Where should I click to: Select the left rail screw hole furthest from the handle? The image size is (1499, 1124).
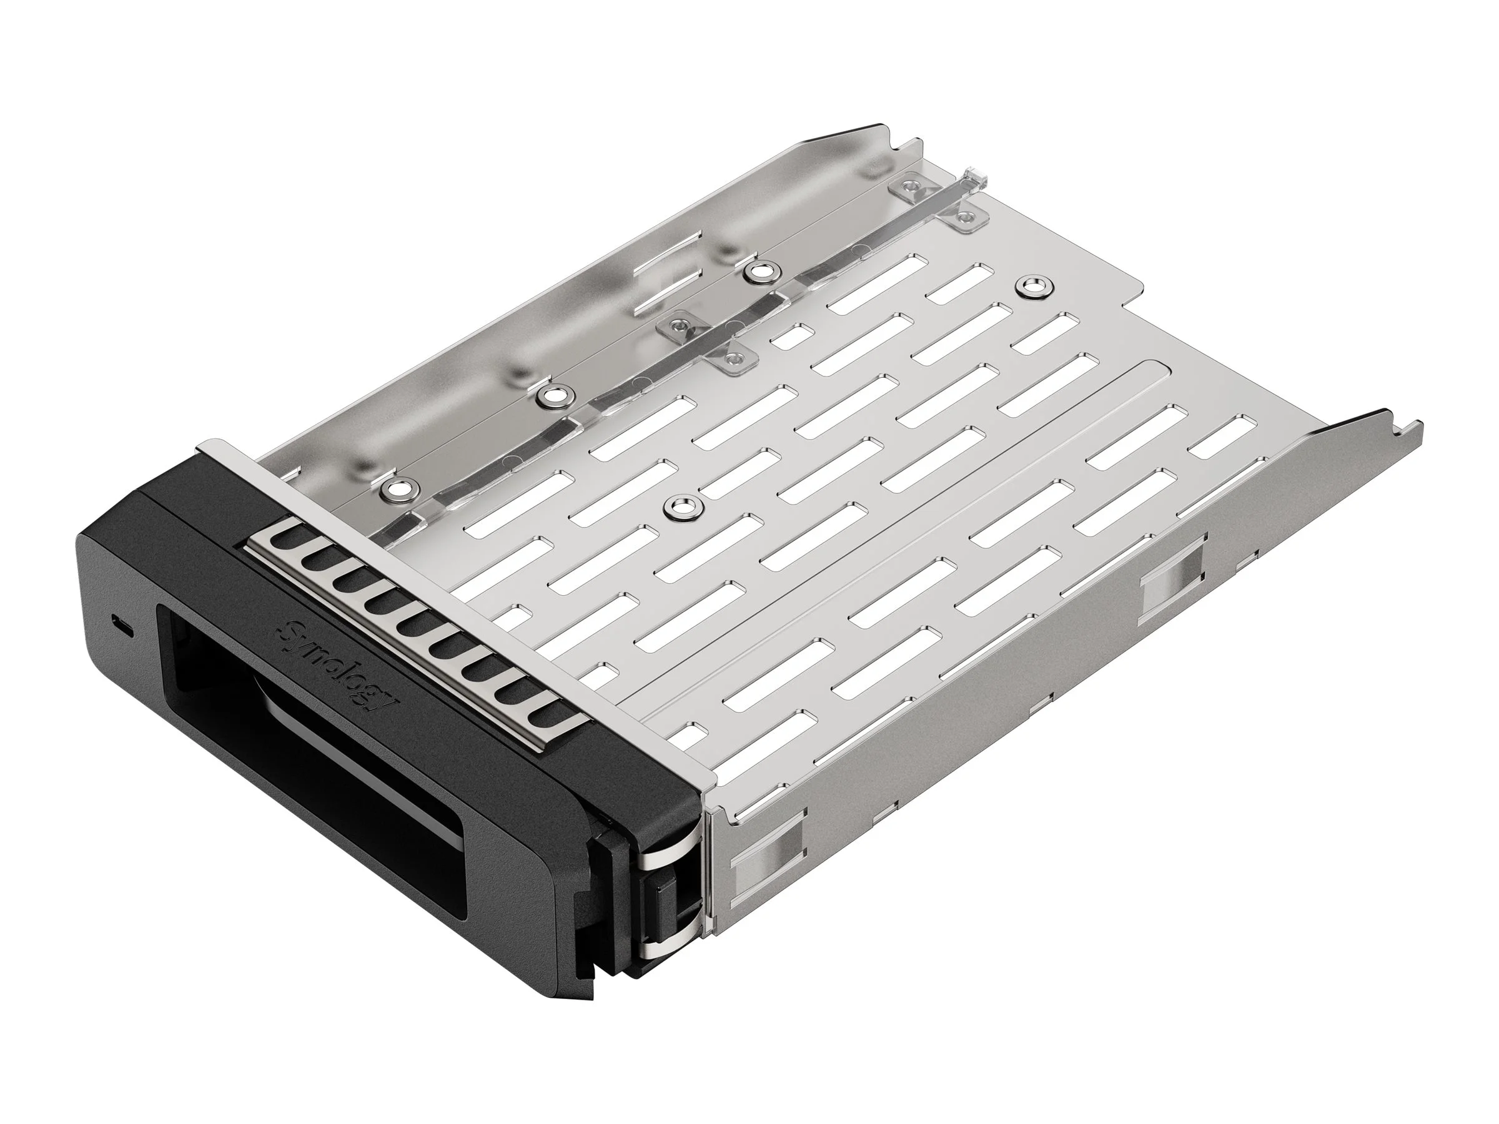[x=759, y=272]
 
